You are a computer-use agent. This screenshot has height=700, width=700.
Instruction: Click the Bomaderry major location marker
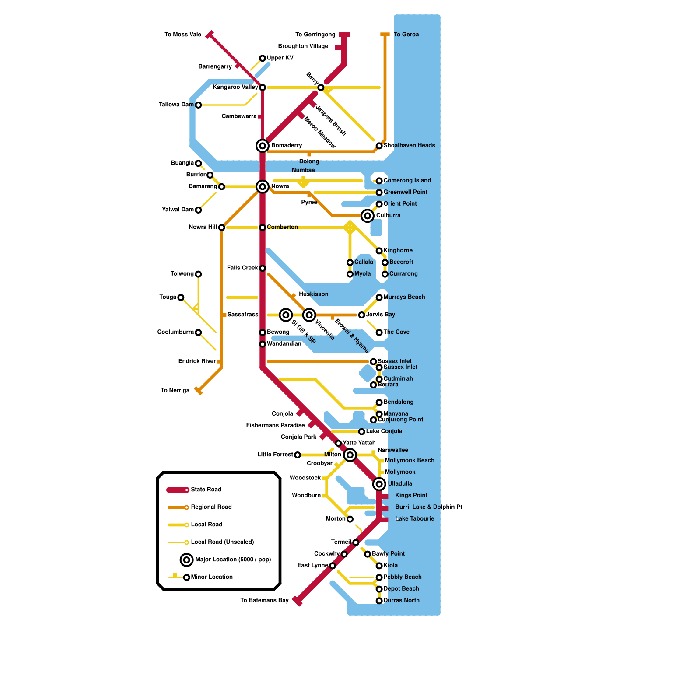[x=262, y=146]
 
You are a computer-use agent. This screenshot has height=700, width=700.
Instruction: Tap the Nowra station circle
[x=262, y=187]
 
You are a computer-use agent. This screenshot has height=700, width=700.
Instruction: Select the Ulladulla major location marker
[x=379, y=484]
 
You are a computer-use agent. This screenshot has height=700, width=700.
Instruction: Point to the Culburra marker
[x=367, y=216]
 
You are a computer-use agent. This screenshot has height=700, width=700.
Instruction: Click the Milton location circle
[x=350, y=455]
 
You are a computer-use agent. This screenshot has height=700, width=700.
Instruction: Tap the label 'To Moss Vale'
[x=183, y=35]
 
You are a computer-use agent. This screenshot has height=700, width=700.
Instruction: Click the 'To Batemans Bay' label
[x=264, y=600]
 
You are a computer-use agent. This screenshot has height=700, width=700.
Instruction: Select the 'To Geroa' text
[x=406, y=35]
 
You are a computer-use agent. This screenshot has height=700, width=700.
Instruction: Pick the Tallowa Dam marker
[x=199, y=105]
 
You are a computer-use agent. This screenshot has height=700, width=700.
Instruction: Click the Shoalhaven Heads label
[x=409, y=145]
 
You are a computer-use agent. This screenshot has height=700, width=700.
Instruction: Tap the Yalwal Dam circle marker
[x=199, y=210]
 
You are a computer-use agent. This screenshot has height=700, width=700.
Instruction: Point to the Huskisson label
[x=313, y=294]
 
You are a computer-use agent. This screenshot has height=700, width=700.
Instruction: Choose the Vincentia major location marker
[x=309, y=315]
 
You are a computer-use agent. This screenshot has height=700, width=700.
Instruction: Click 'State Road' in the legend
[x=206, y=490]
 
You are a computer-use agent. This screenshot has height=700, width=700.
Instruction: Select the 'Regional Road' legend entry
[x=211, y=507]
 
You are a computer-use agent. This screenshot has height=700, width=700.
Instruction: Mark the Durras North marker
[x=379, y=601]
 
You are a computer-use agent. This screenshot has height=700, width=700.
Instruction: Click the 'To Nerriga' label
[x=175, y=390]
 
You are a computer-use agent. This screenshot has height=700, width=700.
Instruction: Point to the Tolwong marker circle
[x=199, y=274]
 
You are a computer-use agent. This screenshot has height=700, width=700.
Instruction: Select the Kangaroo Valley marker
[x=262, y=87]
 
